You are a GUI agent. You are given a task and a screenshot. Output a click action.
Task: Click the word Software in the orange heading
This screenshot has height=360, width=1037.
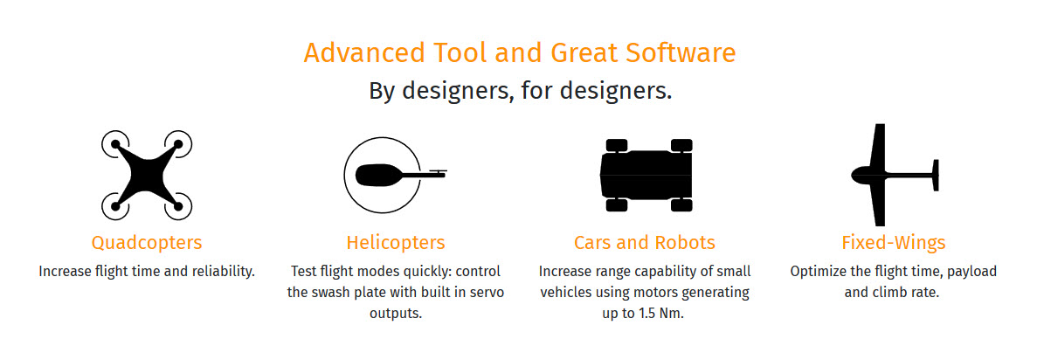[x=681, y=53]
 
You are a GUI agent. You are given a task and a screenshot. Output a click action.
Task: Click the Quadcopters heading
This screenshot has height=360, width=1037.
[x=147, y=242]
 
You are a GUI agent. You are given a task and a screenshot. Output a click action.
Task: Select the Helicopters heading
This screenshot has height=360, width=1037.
[x=396, y=242]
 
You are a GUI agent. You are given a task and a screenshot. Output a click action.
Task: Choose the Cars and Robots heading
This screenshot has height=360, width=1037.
[x=645, y=242]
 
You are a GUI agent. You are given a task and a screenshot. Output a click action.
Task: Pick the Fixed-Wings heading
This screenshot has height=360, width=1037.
[x=893, y=242]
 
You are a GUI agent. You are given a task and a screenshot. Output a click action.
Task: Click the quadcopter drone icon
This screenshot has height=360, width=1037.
[x=147, y=175]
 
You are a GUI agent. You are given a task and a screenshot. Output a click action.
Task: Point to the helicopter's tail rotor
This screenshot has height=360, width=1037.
[x=437, y=171]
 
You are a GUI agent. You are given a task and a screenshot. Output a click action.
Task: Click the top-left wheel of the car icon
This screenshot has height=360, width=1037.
[x=616, y=145]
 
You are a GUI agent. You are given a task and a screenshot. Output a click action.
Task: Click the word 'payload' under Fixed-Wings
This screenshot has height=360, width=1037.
[x=966, y=271]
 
